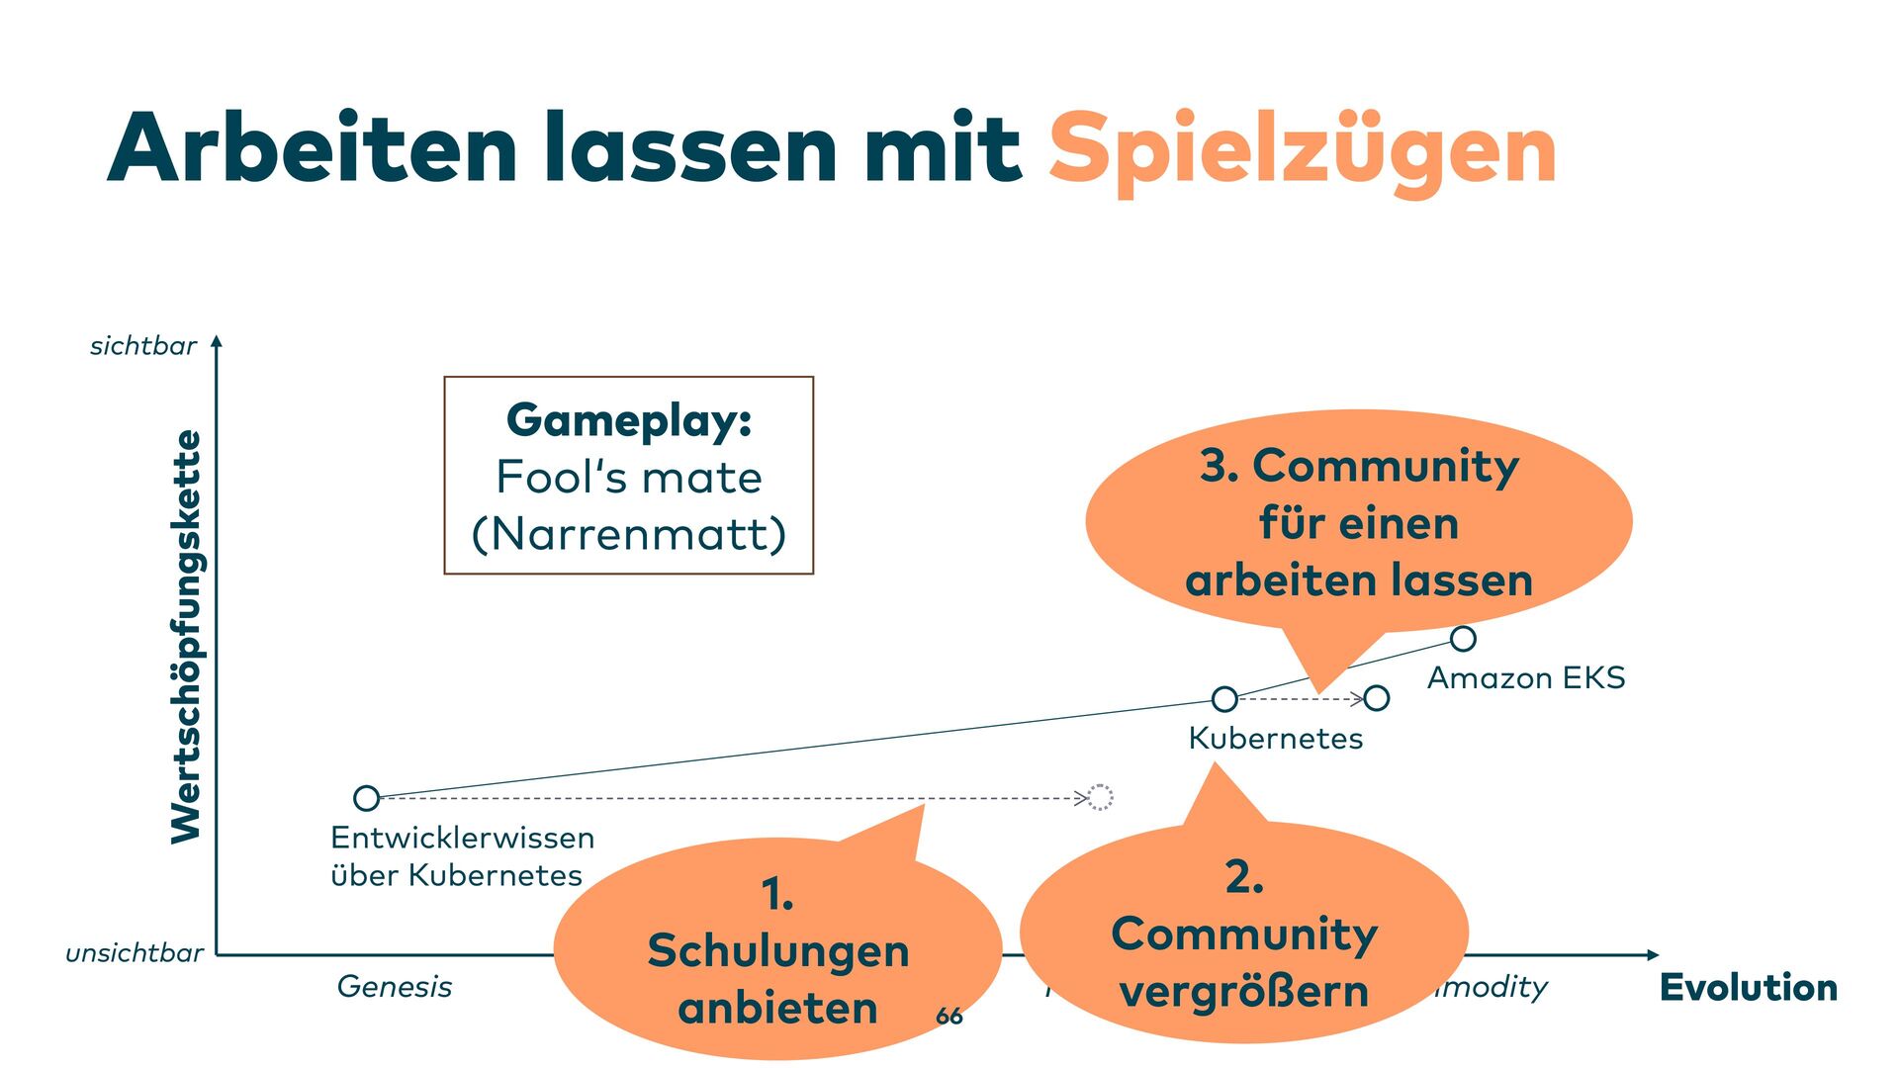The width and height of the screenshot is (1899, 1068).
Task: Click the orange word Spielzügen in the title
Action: coord(1302,150)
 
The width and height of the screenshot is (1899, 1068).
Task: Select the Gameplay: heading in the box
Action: coord(629,420)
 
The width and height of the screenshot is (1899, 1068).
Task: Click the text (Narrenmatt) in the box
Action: coord(629,534)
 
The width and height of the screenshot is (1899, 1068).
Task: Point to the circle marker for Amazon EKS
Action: coord(1463,639)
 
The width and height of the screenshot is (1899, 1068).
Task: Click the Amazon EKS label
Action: coord(1526,678)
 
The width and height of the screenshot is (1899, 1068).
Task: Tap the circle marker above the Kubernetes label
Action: coord(1224,699)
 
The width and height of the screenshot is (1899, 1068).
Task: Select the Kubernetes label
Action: coord(1276,739)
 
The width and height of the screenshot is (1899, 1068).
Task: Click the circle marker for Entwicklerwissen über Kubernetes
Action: coord(366,798)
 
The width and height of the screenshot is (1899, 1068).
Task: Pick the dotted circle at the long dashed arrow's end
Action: coord(1101,797)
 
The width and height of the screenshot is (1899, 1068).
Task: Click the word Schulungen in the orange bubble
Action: coord(778,951)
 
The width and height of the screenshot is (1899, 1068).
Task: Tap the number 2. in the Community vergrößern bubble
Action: coord(1244,877)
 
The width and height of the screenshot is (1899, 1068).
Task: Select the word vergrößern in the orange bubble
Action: coord(1244,992)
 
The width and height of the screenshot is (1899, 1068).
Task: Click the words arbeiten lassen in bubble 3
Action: coord(1359,580)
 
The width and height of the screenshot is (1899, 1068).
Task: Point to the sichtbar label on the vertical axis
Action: coord(143,346)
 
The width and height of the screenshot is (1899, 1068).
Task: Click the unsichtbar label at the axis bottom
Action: coord(135,953)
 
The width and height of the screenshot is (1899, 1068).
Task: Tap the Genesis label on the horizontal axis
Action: coord(395,986)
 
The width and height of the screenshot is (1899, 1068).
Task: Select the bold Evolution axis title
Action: coord(1748,987)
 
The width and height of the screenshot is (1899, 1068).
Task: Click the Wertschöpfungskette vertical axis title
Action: coord(186,637)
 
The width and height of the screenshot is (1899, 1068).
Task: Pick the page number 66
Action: coord(949,1016)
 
